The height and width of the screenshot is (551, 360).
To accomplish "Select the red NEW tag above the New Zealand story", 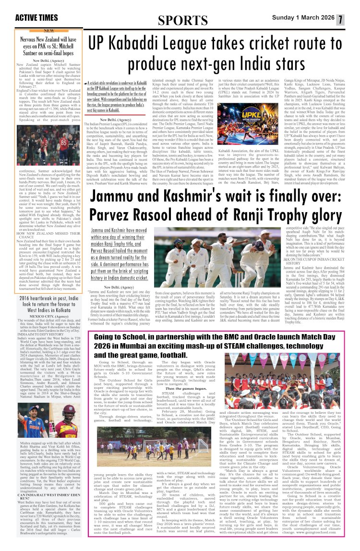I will click(x=48, y=30).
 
